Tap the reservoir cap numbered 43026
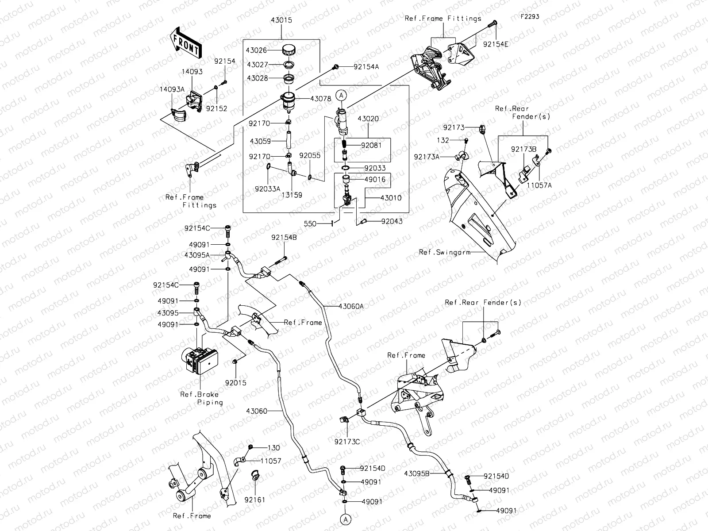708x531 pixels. click(x=289, y=50)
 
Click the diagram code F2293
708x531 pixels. click(x=529, y=17)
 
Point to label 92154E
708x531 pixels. click(x=496, y=44)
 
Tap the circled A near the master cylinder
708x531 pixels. click(x=341, y=95)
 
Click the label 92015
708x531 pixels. click(x=235, y=383)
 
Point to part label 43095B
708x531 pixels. click(x=417, y=473)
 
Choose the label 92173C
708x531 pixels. click(x=347, y=441)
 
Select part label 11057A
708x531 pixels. click(x=539, y=186)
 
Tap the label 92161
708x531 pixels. click(x=255, y=500)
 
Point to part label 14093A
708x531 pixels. click(x=172, y=89)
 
